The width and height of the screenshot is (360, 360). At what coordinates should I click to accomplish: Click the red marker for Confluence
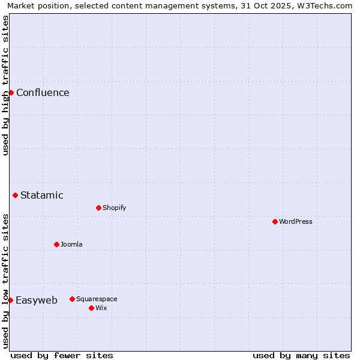(11, 92)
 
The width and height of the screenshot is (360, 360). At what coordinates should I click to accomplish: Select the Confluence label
(43, 92)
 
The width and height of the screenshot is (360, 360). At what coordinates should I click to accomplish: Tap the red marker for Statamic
(15, 195)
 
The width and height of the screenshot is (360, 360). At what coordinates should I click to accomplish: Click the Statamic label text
(42, 195)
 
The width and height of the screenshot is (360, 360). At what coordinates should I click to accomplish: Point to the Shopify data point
(98, 208)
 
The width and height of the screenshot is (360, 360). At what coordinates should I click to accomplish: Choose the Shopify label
(114, 208)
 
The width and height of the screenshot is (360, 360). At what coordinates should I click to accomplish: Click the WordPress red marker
(275, 221)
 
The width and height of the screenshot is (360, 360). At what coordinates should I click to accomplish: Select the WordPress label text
(296, 221)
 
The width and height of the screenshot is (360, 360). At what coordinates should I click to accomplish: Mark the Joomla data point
(56, 244)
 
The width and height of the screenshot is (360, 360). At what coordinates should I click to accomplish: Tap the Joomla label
(71, 244)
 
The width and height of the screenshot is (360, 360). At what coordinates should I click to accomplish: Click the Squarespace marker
(72, 299)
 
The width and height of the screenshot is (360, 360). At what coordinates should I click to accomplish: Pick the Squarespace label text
(97, 299)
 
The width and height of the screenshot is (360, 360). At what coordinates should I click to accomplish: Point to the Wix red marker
(91, 308)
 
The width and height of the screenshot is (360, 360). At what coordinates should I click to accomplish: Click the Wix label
(101, 308)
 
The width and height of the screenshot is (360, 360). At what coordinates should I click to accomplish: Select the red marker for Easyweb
(10, 300)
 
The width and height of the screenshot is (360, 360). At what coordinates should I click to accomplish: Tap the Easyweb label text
(37, 301)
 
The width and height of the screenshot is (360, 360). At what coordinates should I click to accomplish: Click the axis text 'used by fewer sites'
(62, 355)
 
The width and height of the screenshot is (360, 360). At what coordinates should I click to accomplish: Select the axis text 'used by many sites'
(301, 355)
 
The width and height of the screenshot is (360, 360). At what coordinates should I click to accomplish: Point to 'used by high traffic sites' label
(5, 85)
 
